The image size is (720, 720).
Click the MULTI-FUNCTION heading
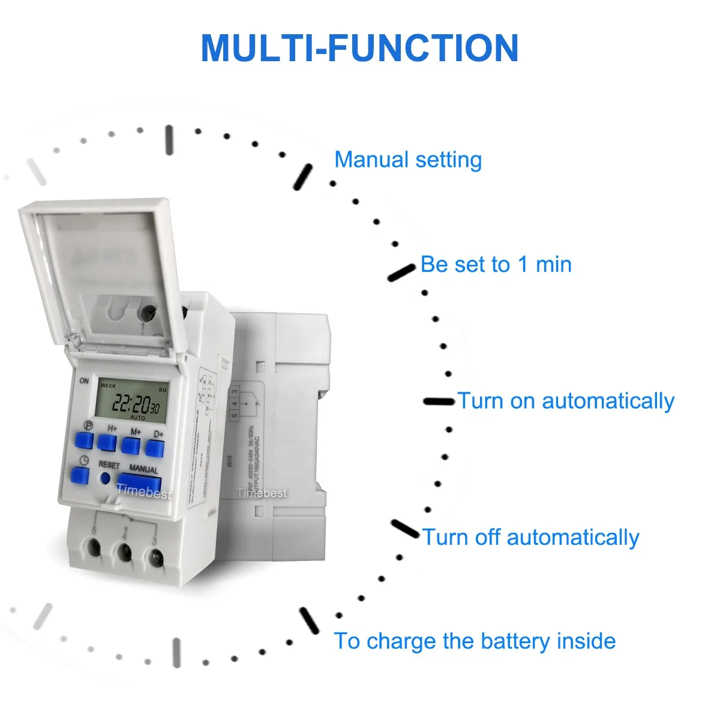(x=359, y=48)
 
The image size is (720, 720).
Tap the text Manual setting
(x=408, y=160)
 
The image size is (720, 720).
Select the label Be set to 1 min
(x=496, y=264)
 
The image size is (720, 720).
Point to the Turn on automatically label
(x=566, y=401)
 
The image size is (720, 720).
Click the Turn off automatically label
(x=530, y=537)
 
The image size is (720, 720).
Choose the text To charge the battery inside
(x=475, y=641)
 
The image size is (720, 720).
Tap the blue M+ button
(x=131, y=445)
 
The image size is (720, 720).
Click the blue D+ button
(x=155, y=448)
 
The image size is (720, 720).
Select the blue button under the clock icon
(x=80, y=476)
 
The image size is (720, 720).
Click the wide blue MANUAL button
(x=139, y=484)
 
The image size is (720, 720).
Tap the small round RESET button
(x=106, y=478)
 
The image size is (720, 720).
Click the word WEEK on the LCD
(x=109, y=386)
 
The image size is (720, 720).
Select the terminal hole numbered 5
(x=94, y=547)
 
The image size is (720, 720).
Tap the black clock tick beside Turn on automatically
(x=439, y=401)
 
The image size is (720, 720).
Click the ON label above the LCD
(x=84, y=380)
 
